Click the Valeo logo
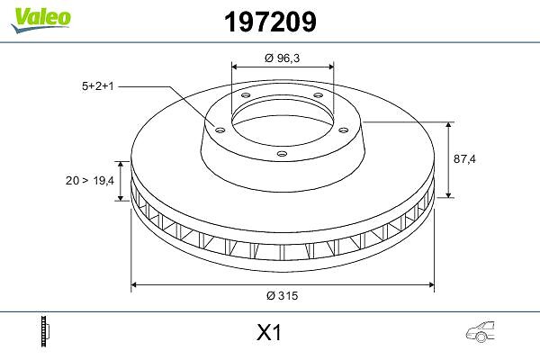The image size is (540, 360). click(41, 19)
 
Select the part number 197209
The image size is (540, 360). click(270, 22)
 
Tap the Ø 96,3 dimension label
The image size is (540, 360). click(283, 58)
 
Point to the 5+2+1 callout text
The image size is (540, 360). click(98, 86)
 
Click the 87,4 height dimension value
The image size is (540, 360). click(464, 158)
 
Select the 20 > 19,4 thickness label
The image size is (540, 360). click(90, 181)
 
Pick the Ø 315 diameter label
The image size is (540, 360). click(282, 295)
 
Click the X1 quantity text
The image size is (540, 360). click(269, 333)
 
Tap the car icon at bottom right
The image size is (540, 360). click(481, 332)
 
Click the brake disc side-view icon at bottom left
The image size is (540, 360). click(45, 331)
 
